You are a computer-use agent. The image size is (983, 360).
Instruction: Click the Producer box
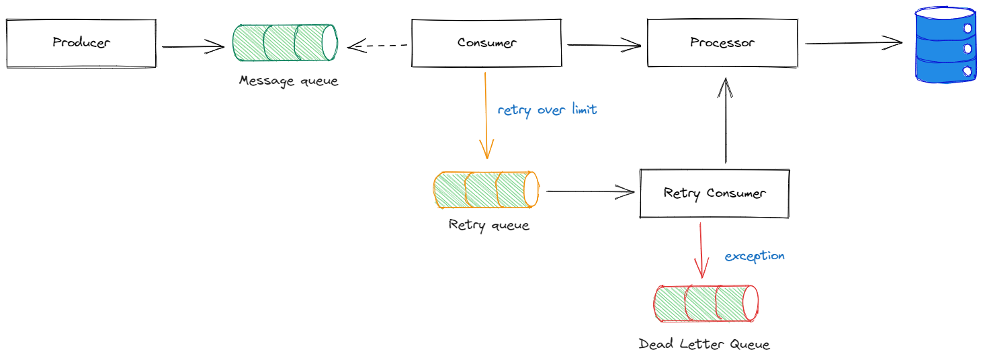[81, 43]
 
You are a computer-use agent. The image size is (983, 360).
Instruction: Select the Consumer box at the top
[486, 43]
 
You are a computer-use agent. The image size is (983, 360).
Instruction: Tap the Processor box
[722, 43]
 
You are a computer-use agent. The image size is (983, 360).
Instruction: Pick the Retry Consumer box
[714, 193]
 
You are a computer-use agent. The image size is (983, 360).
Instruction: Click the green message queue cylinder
[286, 42]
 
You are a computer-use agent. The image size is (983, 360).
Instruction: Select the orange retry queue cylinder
[486, 190]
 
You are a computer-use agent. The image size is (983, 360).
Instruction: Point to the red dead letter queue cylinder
[706, 303]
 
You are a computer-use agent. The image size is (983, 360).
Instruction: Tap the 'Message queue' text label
[288, 81]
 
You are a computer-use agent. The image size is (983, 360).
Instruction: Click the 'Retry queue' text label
[488, 224]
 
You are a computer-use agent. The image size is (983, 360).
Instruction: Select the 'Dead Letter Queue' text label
[703, 345]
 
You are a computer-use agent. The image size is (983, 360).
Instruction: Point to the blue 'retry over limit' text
[547, 109]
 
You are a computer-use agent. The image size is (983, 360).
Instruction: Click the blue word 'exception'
[754, 256]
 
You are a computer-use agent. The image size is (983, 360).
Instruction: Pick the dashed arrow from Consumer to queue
[378, 46]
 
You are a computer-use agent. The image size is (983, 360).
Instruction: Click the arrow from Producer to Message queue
[193, 46]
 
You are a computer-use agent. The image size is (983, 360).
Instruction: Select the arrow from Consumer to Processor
[604, 46]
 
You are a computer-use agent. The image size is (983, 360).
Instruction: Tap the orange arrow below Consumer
[485, 114]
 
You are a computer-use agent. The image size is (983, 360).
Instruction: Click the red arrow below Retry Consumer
[701, 250]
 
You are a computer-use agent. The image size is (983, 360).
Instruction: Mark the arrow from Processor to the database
[853, 43]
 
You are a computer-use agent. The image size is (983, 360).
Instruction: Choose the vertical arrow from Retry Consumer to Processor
[726, 121]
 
